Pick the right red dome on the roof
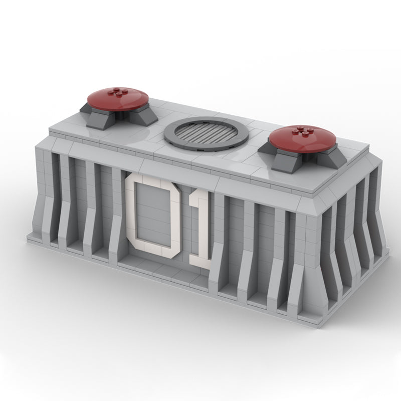tap(302, 140)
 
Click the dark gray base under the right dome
tap(302, 158)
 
